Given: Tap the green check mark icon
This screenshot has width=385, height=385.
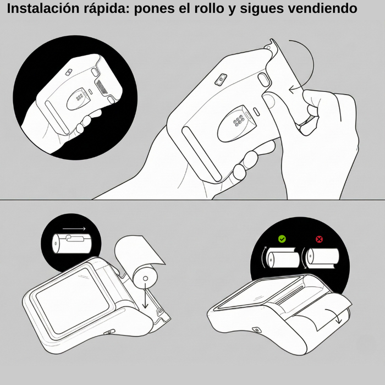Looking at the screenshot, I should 282,239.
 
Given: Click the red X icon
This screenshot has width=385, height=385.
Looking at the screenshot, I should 318,239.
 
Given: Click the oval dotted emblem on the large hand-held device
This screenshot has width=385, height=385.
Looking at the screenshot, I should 236,122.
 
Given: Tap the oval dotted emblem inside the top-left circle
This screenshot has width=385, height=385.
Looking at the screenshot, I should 77,98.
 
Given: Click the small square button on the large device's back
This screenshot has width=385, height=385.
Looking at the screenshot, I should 219,80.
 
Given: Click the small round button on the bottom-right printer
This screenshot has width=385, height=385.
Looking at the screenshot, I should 256,330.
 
